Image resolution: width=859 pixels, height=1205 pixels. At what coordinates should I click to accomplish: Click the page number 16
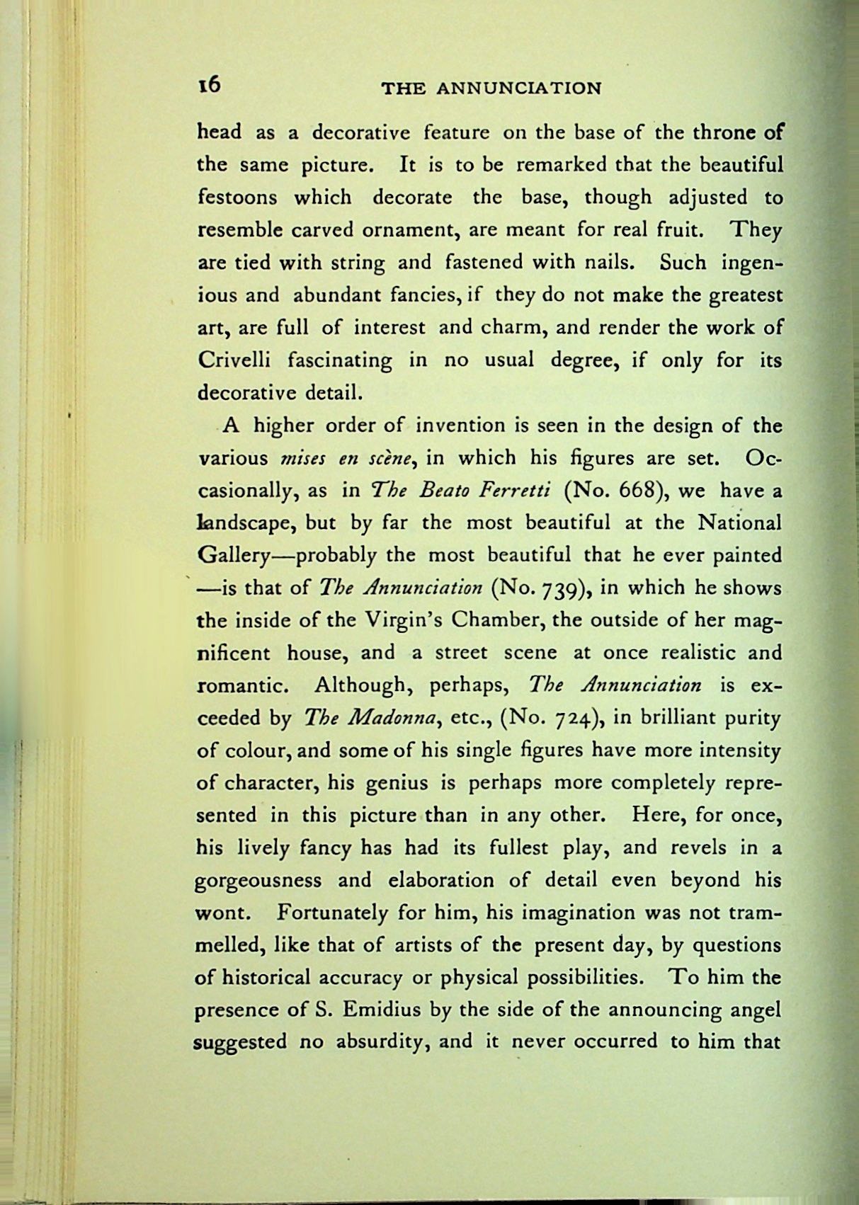click(x=210, y=85)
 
